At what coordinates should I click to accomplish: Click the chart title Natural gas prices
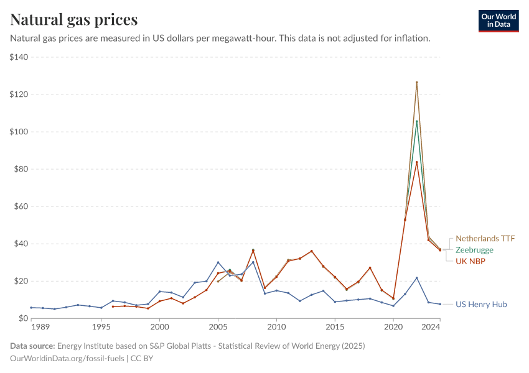click(x=74, y=20)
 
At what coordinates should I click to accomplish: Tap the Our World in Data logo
click(x=498, y=21)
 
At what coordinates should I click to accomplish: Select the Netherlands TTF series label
click(x=485, y=239)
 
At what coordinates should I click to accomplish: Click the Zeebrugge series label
click(x=474, y=250)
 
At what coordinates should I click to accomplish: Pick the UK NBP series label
click(x=470, y=261)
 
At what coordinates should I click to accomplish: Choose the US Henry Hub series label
click(x=481, y=305)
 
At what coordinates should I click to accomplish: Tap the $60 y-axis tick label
click(x=22, y=206)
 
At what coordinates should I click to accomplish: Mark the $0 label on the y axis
click(x=25, y=318)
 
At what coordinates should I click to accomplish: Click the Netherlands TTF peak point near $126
click(x=416, y=83)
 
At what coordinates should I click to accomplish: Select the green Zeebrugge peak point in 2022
click(x=416, y=122)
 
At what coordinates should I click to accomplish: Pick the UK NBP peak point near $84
click(x=416, y=162)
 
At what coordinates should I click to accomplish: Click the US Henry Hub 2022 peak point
click(x=416, y=278)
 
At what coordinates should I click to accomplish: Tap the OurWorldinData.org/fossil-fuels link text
click(x=67, y=359)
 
